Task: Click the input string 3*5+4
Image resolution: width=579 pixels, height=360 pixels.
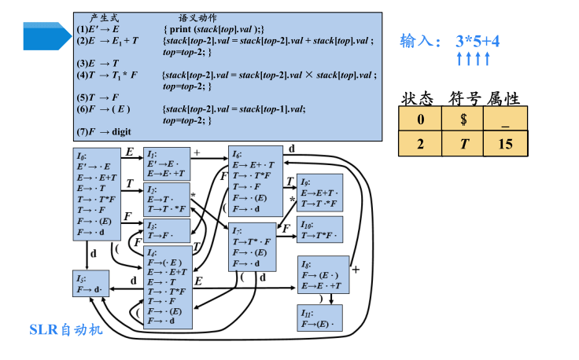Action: [x=478, y=39]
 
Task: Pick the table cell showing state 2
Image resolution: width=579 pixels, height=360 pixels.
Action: [x=421, y=144]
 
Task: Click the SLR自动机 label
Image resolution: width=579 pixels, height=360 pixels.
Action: [x=66, y=329]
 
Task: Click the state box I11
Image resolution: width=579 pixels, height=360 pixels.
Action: [x=321, y=319]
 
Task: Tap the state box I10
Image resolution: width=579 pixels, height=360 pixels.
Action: [x=321, y=230]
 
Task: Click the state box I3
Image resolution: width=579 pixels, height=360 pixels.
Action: [x=167, y=230]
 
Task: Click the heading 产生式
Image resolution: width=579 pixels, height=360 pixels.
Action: [x=105, y=17]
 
